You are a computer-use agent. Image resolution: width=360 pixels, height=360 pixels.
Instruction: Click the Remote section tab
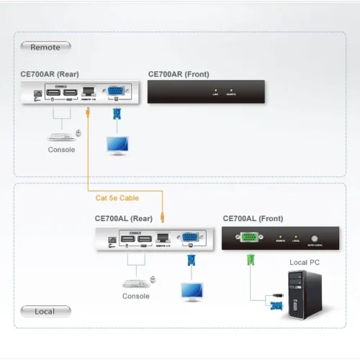coord(45,47)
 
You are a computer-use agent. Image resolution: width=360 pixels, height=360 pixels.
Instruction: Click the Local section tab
coord(45,312)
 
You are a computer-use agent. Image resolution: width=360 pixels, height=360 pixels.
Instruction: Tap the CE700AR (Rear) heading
coord(50,74)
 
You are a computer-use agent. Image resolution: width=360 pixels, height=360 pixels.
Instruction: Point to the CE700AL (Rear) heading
coord(123,218)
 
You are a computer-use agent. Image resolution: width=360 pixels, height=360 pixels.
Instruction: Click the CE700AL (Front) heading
coord(253,218)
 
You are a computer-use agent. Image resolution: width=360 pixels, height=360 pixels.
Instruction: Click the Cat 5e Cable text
coord(117,198)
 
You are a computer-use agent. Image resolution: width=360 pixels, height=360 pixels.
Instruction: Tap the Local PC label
coord(304,263)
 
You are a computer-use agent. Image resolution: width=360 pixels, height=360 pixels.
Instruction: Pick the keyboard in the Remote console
coord(58,135)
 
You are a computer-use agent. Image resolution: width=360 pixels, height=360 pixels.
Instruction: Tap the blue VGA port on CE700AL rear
coord(189,238)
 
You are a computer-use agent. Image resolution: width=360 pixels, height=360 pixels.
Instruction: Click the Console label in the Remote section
coord(61,150)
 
